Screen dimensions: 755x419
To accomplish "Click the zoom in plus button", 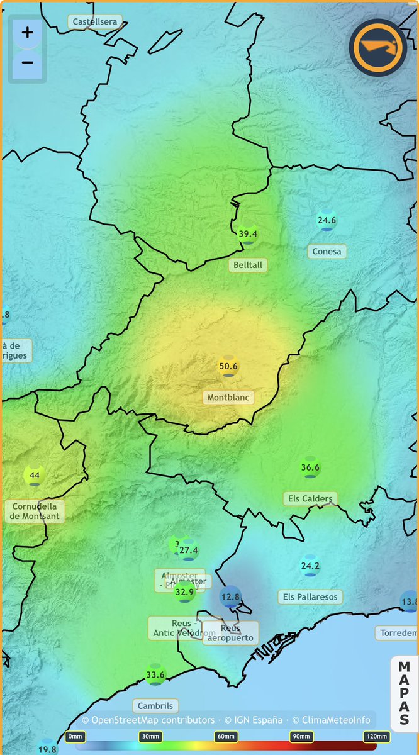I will pyautogui.click(x=27, y=33).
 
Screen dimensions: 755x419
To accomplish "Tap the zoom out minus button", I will pyautogui.click(x=27, y=62).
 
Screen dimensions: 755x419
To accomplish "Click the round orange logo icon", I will pyautogui.click(x=377, y=48).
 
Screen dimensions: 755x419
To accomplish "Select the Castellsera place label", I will pyautogui.click(x=94, y=21).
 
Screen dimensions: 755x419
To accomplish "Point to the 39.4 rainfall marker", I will pyautogui.click(x=248, y=234).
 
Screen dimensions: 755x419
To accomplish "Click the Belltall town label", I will pyautogui.click(x=247, y=265).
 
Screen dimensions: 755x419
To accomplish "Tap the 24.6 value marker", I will pyautogui.click(x=327, y=221).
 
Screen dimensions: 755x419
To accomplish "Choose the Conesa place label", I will pyautogui.click(x=327, y=251).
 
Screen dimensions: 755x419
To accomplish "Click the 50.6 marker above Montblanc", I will pyautogui.click(x=228, y=366).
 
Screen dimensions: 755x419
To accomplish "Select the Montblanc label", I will pyautogui.click(x=228, y=397).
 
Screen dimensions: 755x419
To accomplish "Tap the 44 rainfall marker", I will pyautogui.click(x=35, y=475).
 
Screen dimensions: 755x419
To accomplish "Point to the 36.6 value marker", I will pyautogui.click(x=310, y=467).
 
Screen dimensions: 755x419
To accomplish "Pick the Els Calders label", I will pyautogui.click(x=310, y=499).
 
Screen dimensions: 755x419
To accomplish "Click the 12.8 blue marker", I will pyautogui.click(x=230, y=596).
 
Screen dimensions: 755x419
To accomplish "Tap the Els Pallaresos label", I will pyautogui.click(x=310, y=596).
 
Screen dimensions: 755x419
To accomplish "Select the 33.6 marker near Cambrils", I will pyautogui.click(x=155, y=675).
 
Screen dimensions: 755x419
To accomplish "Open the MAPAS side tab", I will pyautogui.click(x=404, y=693).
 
